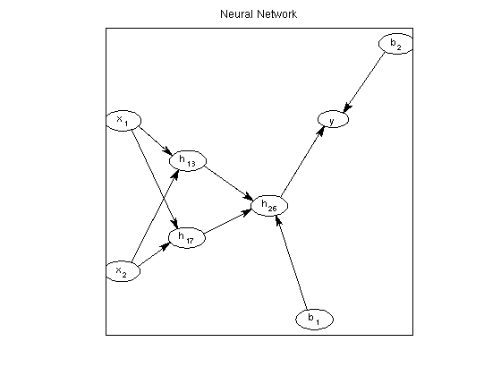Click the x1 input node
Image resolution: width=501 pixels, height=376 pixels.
tap(123, 121)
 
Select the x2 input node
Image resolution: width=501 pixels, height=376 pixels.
tap(123, 271)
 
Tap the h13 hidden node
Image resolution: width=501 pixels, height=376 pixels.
tap(188, 161)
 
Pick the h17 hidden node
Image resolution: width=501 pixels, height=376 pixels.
tap(187, 237)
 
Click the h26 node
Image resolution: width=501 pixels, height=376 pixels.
tap(269, 206)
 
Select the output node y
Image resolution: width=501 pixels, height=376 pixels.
tap(333, 119)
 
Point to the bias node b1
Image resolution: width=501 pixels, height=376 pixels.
tap(314, 319)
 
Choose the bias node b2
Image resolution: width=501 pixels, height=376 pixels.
tap(395, 44)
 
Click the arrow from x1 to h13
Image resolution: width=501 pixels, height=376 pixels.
tap(156, 141)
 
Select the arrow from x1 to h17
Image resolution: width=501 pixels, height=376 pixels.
tap(155, 179)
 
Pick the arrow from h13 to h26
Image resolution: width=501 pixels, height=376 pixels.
tap(229, 184)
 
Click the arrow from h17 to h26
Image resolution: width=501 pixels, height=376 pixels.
tap(227, 221)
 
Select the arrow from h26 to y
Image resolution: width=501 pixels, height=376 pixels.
tap(302, 161)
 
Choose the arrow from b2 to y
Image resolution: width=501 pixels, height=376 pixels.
tap(364, 82)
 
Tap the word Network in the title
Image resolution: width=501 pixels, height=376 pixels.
tap(277, 14)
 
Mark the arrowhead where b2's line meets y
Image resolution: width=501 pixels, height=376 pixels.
tap(347, 107)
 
